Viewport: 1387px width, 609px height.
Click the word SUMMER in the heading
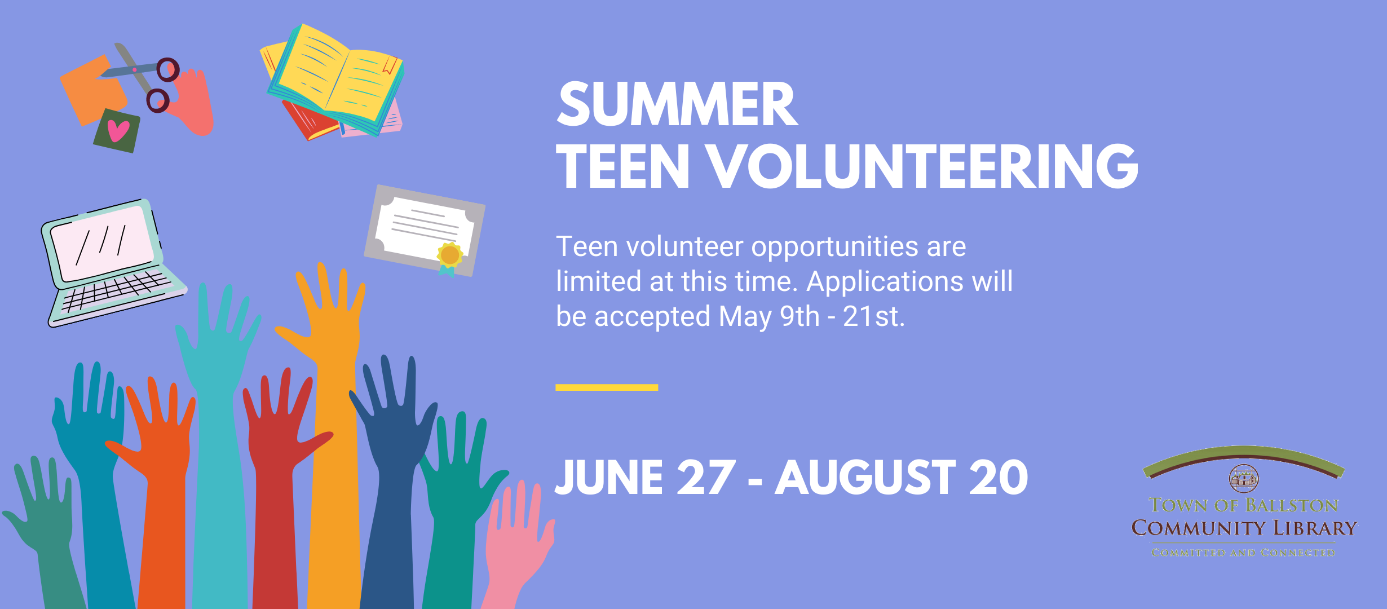[x=677, y=105]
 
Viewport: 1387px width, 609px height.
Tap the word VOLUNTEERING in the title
[x=922, y=166]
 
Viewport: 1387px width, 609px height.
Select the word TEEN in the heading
[x=623, y=166]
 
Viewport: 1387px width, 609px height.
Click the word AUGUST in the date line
[x=865, y=478]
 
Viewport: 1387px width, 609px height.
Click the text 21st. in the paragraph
[x=874, y=316]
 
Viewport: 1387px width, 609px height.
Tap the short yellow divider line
[x=607, y=387]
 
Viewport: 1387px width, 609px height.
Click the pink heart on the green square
[x=118, y=131]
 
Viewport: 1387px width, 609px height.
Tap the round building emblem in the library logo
[x=1244, y=479]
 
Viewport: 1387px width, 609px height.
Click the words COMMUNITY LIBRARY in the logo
[x=1244, y=528]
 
